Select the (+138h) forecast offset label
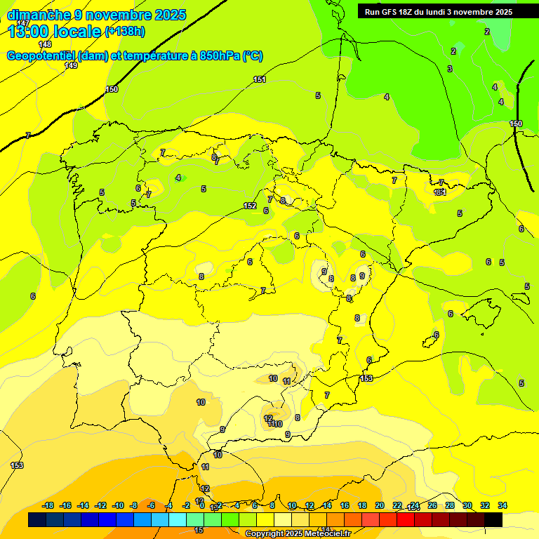pos(125,32)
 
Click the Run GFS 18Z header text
pos(390,12)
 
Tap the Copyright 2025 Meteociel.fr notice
pos(298,534)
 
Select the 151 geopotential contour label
pos(260,80)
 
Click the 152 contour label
pos(250,206)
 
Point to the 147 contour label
pos(24,23)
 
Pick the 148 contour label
pos(45,44)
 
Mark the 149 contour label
pos(71,65)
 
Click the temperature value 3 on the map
pos(450,69)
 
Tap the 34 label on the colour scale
pos(503,505)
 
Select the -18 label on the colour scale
pos(48,505)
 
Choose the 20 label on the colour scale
pos(380,505)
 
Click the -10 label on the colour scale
pos(118,505)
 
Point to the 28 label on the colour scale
pos(450,505)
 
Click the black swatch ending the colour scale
pos(493,519)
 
